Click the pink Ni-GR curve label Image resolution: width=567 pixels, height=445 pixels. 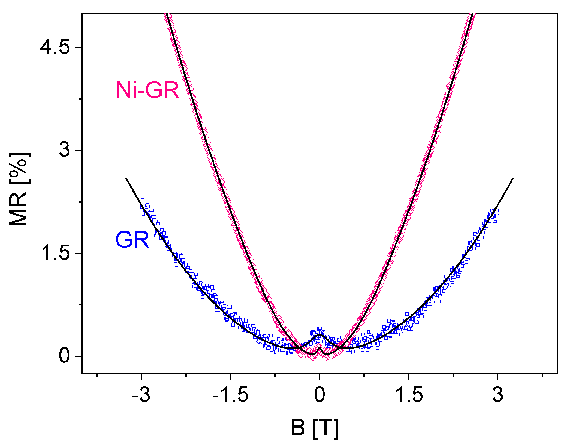[147, 90]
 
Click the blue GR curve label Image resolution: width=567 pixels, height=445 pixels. [132, 240]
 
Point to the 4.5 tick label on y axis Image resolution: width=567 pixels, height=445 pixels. [55, 47]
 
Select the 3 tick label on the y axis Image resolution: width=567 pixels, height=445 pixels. [64, 150]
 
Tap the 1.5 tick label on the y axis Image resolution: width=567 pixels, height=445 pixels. [55, 253]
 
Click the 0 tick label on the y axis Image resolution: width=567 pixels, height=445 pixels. [64, 356]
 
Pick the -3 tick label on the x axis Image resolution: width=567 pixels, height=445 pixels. [141, 395]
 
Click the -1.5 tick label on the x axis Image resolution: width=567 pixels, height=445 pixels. [230, 395]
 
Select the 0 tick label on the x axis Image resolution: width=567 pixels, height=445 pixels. [320, 395]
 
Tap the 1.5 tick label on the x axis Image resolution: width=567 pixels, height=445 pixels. [409, 395]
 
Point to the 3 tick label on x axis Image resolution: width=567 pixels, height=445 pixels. [498, 395]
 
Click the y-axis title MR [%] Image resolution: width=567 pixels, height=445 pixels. [19, 189]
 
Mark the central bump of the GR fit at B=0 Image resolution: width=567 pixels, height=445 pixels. [320, 335]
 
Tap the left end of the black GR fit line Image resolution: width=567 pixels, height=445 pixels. [126, 178]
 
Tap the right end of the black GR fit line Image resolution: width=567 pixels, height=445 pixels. [513, 178]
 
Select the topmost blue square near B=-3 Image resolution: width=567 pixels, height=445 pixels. [142, 197]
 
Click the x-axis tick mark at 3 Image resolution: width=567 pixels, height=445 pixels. [498, 376]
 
